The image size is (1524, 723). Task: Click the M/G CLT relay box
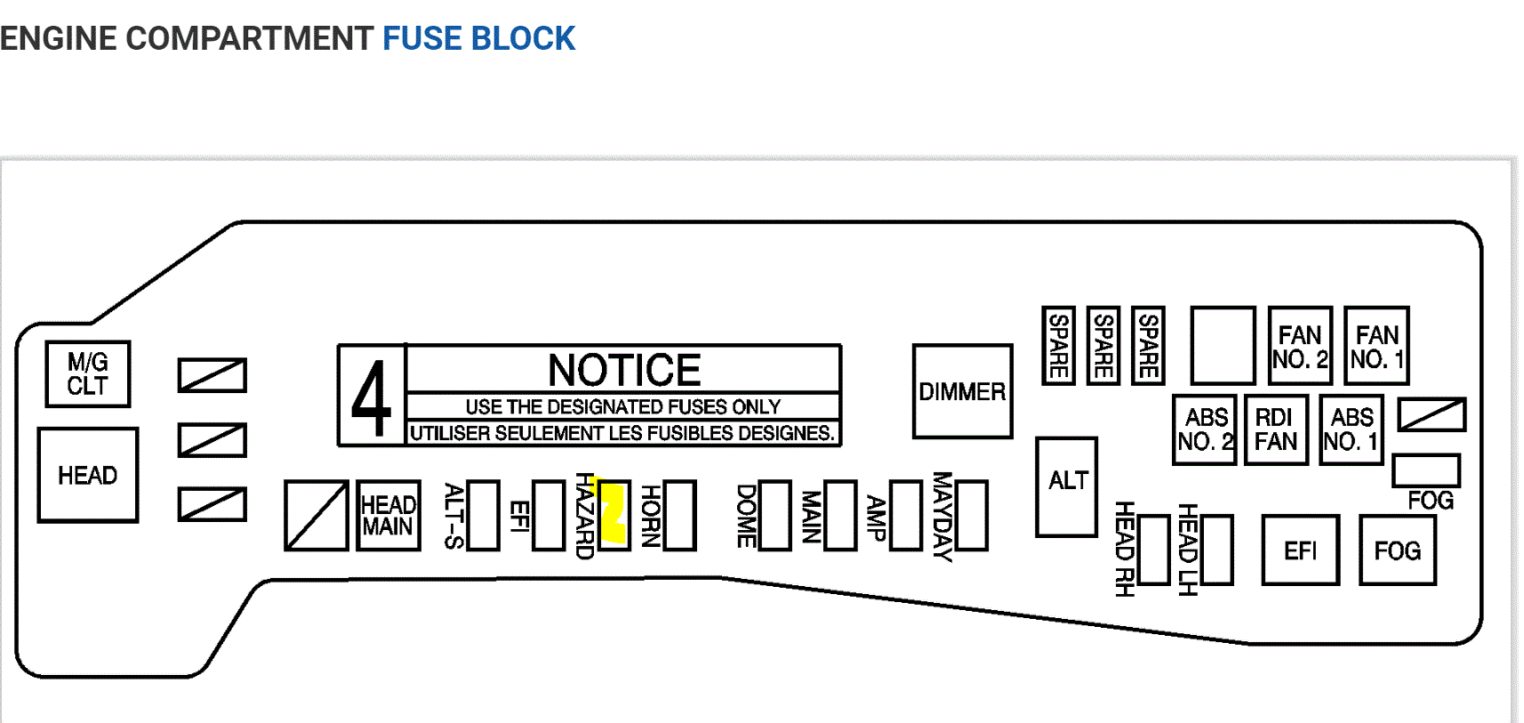tap(88, 374)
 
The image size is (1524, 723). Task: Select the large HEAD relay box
tap(88, 475)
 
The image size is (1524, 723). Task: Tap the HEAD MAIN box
tap(389, 516)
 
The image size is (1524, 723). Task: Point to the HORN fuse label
tap(651, 516)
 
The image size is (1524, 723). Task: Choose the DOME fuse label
tap(747, 516)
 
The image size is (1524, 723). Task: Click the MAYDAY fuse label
tap(942, 516)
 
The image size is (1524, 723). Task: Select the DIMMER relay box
tap(962, 391)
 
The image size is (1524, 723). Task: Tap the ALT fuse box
tap(1067, 486)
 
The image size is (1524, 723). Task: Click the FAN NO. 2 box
tap(1300, 346)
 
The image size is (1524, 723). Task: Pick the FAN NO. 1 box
tap(1376, 346)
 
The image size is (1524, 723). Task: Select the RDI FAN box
tap(1276, 430)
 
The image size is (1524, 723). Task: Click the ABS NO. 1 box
tap(1352, 430)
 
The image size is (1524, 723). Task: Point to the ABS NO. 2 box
tap(1206, 430)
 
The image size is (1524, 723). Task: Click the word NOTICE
tap(624, 370)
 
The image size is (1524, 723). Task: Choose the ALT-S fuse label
tap(453, 516)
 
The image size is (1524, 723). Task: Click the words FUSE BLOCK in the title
tap(478, 38)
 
